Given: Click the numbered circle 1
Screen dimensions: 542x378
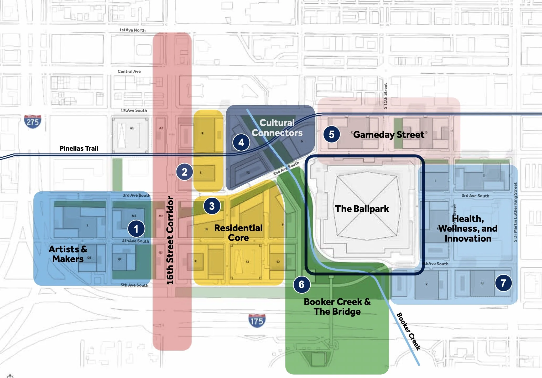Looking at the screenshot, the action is [x=136, y=229].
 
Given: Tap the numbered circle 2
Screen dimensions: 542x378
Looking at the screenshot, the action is [x=184, y=172].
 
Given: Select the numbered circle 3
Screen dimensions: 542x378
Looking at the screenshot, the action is [x=212, y=206].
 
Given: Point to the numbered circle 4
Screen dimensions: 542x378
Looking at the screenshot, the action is [x=241, y=142].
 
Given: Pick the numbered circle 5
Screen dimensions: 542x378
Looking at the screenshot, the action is [x=331, y=134].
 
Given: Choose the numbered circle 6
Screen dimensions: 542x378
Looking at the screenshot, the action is [x=301, y=284].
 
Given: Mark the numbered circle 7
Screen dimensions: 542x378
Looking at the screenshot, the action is [x=503, y=283].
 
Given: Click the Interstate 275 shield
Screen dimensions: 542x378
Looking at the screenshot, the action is [x=33, y=122].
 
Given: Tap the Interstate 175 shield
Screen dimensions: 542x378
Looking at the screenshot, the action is [x=257, y=321].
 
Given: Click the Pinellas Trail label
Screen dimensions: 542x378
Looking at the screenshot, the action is [x=79, y=148].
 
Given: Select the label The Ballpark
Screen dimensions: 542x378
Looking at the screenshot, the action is [x=362, y=209].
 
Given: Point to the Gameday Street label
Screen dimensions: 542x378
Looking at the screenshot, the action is [x=389, y=135].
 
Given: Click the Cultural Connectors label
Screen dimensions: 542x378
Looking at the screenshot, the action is [x=277, y=128].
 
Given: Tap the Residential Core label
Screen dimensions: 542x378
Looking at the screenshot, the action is [x=238, y=233].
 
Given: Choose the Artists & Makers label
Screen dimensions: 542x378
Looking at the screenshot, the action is [x=68, y=254].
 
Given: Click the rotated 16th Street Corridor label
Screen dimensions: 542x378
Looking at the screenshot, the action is [x=170, y=240].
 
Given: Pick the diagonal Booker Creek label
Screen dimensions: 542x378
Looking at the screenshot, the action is [x=408, y=331].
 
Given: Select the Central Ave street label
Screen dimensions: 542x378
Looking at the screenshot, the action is [x=129, y=71].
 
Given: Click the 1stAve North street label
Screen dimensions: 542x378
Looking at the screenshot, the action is [x=132, y=30].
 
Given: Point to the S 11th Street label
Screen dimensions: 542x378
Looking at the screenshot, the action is [x=385, y=96].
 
